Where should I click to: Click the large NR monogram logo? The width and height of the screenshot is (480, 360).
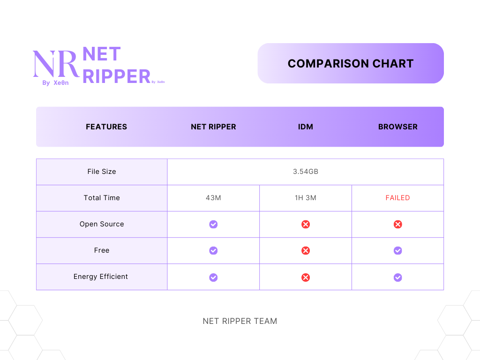tap(55, 64)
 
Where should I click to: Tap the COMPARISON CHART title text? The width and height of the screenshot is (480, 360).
tap(351, 64)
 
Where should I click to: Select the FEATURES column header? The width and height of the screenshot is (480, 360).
tap(106, 127)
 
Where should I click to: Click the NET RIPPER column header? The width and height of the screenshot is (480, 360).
tap(213, 127)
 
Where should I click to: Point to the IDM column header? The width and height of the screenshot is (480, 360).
tap(306, 127)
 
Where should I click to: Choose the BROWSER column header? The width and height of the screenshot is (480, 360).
tap(397, 127)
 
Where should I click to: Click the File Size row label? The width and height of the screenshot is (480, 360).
tap(102, 172)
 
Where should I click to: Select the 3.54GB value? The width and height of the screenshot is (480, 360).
tap(306, 172)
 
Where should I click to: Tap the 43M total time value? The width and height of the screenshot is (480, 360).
tap(213, 198)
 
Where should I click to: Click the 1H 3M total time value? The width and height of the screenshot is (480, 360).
tap(306, 198)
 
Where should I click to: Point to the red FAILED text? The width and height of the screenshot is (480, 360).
tap(397, 198)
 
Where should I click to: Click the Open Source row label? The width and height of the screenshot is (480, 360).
tap(102, 224)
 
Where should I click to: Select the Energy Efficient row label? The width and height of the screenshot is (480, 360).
tap(101, 277)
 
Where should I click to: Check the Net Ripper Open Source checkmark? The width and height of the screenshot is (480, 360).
tap(213, 225)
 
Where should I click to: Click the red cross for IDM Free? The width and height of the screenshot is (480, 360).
tap(306, 251)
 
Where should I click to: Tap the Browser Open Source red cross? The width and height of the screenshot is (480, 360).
tap(397, 225)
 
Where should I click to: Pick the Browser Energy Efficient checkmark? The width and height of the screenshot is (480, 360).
tap(397, 277)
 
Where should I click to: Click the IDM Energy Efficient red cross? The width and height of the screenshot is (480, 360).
tap(306, 277)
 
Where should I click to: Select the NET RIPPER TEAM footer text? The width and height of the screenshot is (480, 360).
tap(240, 321)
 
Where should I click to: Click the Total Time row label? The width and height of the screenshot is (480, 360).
tap(102, 198)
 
